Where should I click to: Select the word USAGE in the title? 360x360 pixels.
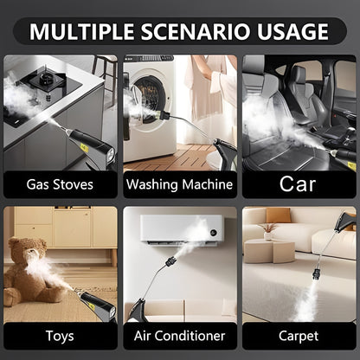tap(291, 33)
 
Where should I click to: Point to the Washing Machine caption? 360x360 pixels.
tap(179, 184)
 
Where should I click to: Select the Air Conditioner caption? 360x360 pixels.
tap(179, 335)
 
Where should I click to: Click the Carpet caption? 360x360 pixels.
tap(298, 335)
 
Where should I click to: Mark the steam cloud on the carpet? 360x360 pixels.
tap(307, 302)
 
